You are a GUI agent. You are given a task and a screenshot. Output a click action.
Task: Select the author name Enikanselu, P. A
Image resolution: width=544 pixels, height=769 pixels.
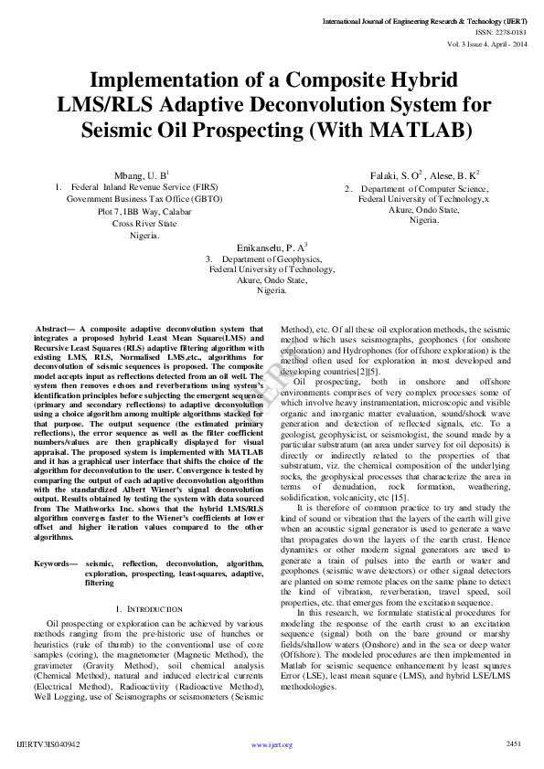[x=272, y=248]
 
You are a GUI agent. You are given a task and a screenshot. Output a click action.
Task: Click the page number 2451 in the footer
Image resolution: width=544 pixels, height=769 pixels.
[x=514, y=744]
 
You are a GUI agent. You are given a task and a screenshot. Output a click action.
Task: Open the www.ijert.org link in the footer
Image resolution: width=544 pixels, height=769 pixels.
[x=272, y=745]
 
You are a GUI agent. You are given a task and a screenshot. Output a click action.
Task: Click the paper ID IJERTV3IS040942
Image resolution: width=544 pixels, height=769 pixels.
[x=54, y=744]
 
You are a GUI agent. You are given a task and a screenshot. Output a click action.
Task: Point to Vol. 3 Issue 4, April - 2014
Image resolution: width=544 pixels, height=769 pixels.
[x=487, y=43]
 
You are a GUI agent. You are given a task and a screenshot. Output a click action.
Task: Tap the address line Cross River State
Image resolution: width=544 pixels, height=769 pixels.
[x=144, y=222]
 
